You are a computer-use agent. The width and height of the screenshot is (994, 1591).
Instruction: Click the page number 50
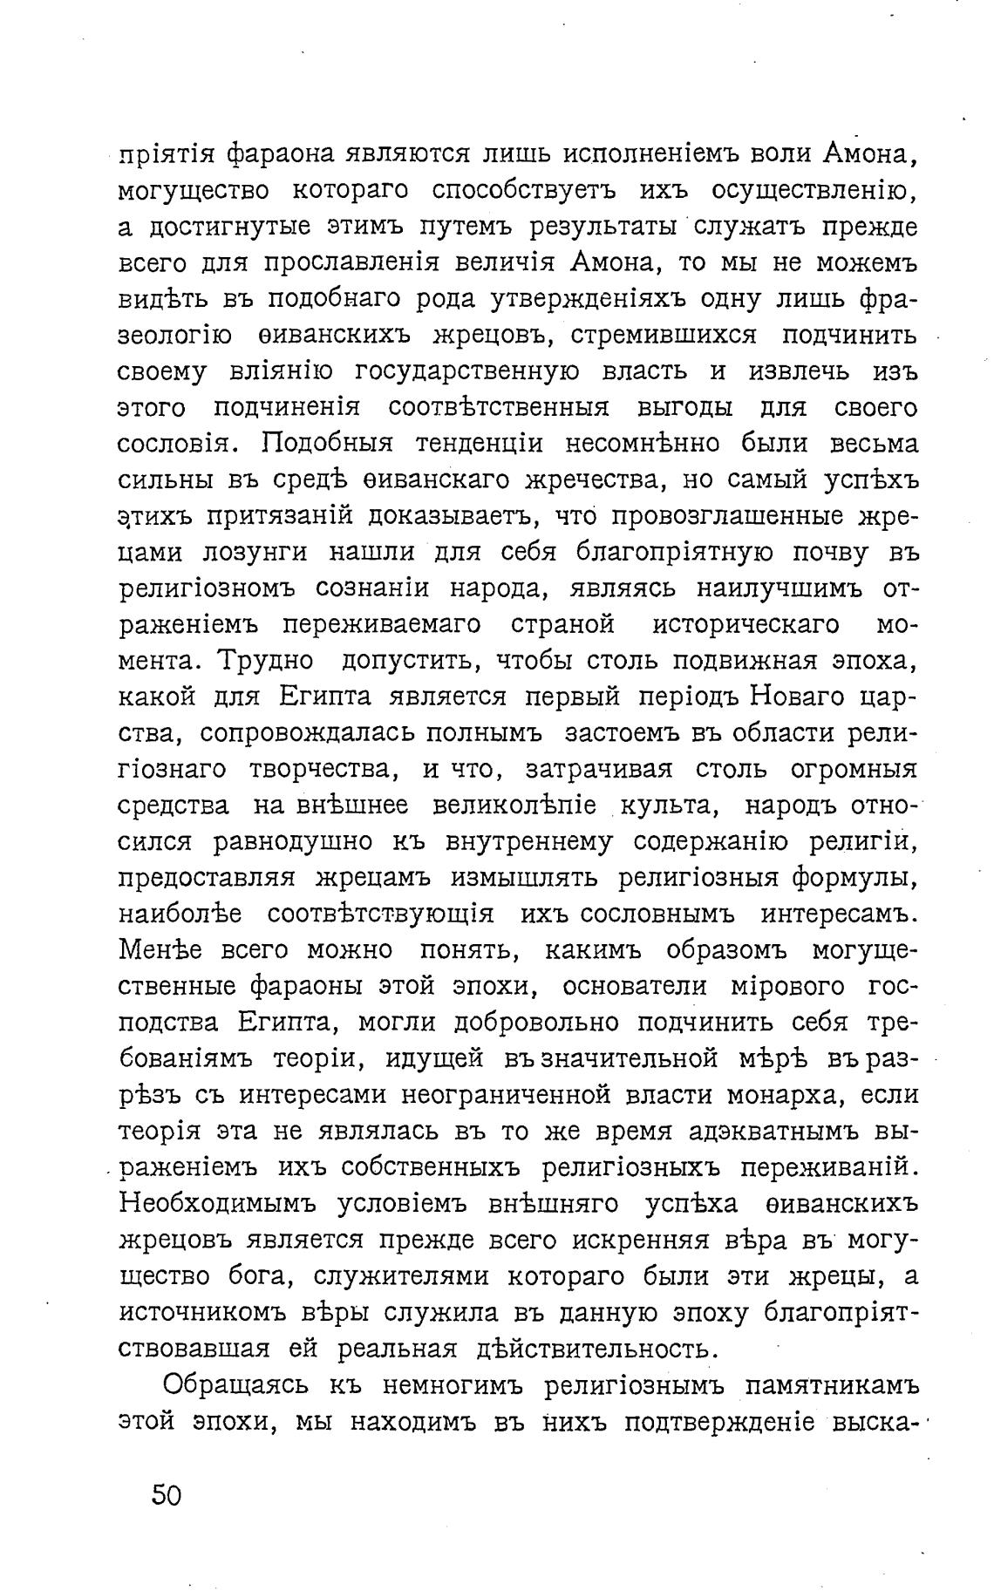166,1496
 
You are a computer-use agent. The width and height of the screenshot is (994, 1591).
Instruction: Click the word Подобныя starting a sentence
328,444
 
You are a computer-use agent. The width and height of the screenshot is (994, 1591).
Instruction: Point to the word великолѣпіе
521,806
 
